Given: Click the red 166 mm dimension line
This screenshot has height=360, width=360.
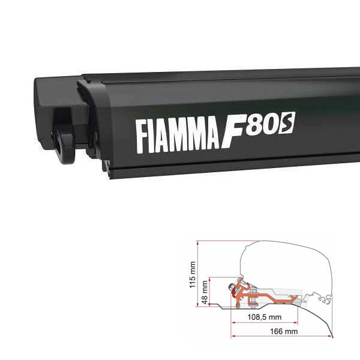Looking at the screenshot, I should pyautogui.click(x=281, y=336).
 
